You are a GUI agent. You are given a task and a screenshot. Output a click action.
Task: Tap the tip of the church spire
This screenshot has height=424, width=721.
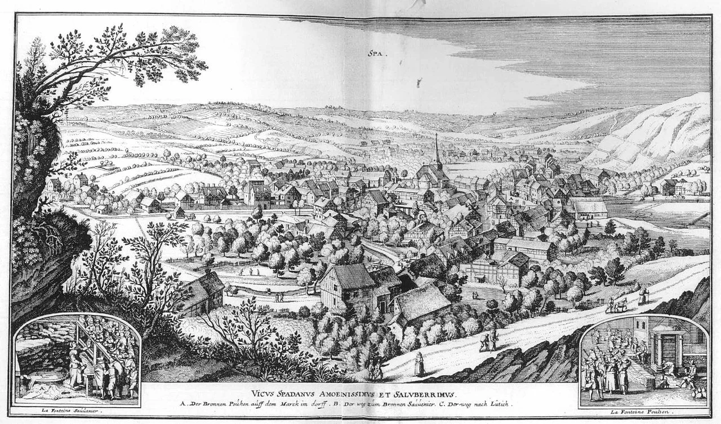pyautogui.click(x=437, y=134)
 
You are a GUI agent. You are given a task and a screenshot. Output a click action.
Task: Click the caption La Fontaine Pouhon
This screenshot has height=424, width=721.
pyautogui.click(x=643, y=413)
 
